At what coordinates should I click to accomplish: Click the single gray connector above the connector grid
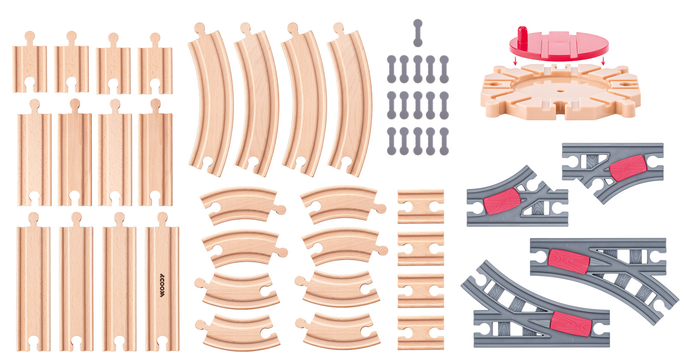(x=418, y=33)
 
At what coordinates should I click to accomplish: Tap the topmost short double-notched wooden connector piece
(x=421, y=207)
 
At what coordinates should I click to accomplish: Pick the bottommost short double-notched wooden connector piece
(x=421, y=333)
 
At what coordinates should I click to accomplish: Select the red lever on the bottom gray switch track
(x=571, y=324)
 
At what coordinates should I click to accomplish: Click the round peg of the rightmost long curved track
(x=338, y=28)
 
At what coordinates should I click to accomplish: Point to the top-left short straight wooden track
(x=29, y=62)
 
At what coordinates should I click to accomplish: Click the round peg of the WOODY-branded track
(x=162, y=218)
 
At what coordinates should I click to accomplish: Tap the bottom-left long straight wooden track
(x=33, y=281)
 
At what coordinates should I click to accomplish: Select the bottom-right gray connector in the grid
(x=444, y=141)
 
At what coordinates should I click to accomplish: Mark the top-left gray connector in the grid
(x=392, y=69)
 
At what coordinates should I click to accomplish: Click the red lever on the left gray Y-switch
(x=502, y=201)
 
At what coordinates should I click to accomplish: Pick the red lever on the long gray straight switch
(x=569, y=261)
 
